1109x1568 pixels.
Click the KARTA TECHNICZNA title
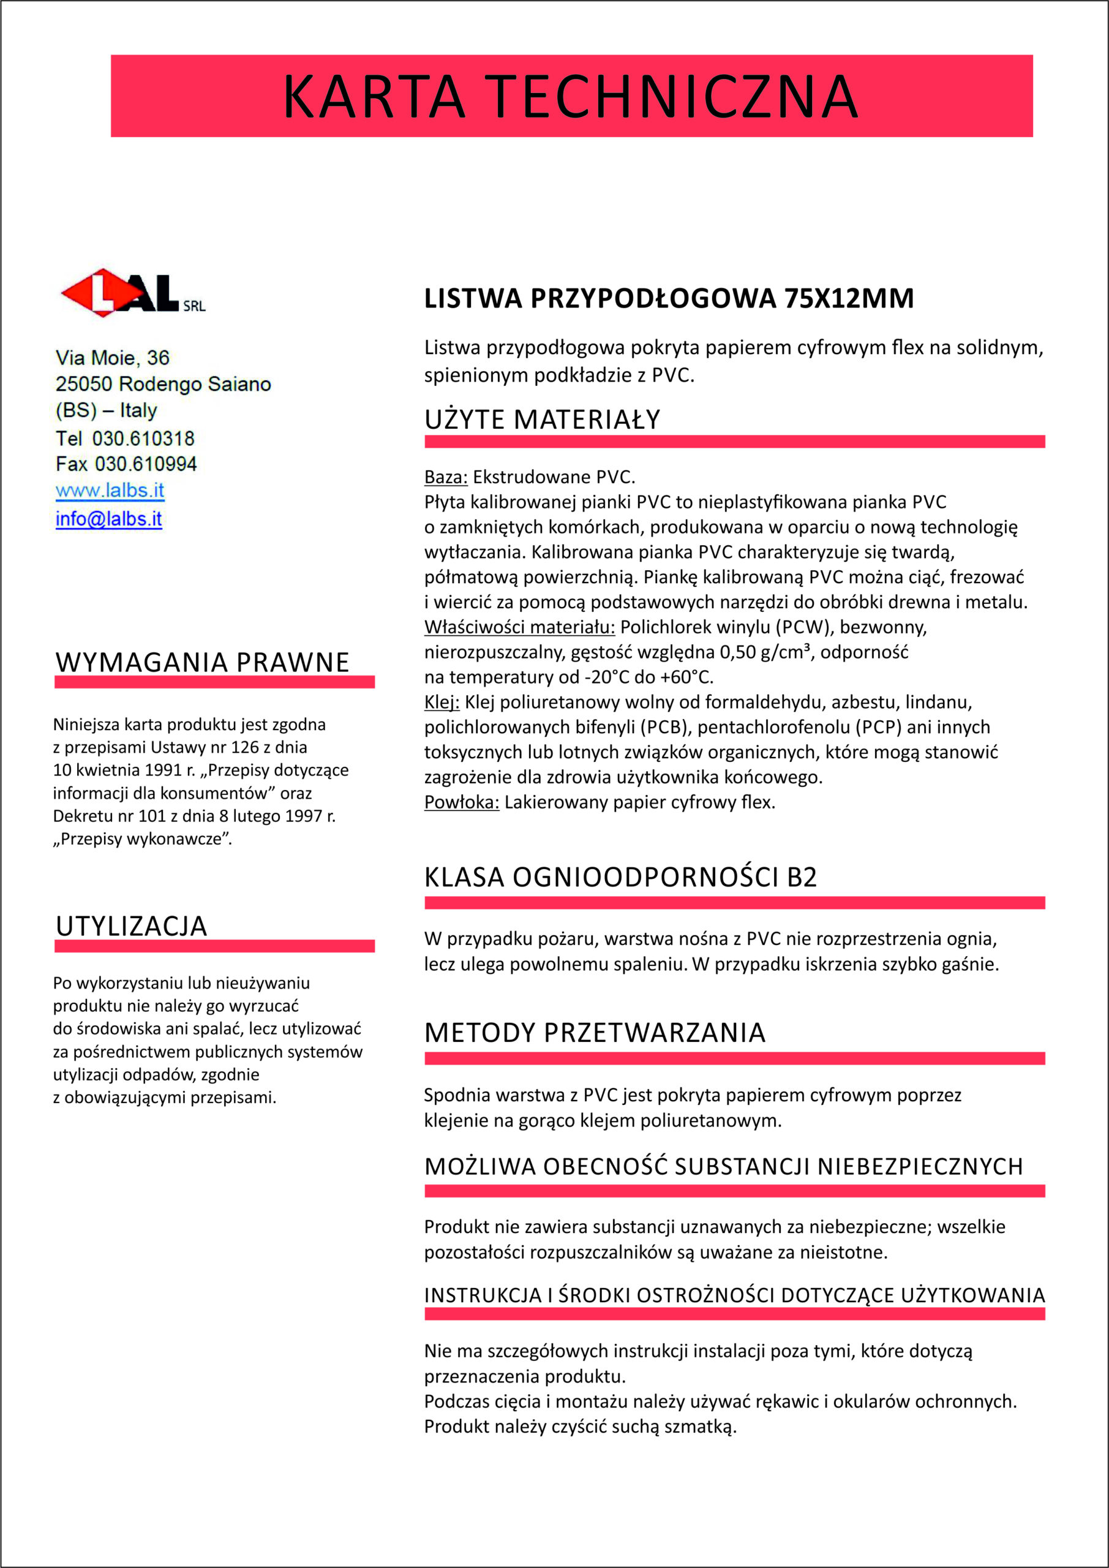coord(570,96)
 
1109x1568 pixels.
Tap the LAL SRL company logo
coord(133,292)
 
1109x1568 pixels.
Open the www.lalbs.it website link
coord(110,491)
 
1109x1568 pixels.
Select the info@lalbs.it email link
coord(108,519)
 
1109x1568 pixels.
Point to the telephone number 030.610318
coord(143,438)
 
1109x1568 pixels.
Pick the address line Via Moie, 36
coord(112,357)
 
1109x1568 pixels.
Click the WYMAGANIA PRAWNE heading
coord(202,663)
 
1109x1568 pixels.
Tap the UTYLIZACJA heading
coord(131,927)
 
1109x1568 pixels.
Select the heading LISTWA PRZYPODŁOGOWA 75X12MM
coord(669,298)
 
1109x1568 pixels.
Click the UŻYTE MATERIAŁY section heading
coord(542,420)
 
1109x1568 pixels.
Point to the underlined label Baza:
coord(445,477)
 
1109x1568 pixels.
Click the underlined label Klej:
coord(441,702)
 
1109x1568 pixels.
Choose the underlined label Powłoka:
coord(462,802)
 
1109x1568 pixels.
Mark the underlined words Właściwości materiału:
coord(519,627)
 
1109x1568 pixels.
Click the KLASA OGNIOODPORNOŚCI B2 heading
coord(620,878)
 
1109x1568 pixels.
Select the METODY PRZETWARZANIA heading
coord(594,1033)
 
